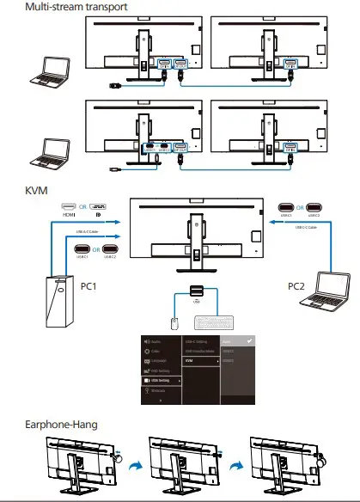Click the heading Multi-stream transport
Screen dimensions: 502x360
tap(64, 7)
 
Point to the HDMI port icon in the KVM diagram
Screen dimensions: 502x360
tap(68, 207)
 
